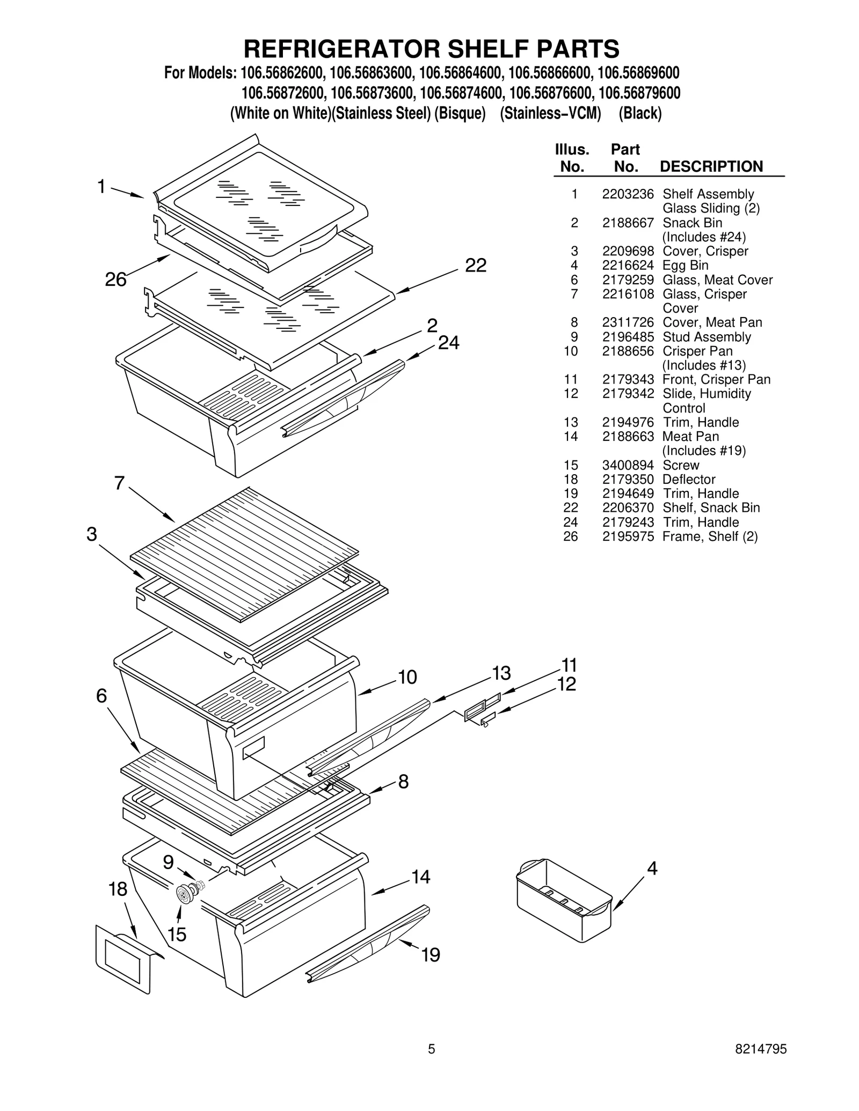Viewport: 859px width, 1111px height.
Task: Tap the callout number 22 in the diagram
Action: [x=475, y=266]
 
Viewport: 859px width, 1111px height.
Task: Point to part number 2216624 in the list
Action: [x=628, y=266]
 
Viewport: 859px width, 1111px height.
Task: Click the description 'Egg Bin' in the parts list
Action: [x=685, y=266]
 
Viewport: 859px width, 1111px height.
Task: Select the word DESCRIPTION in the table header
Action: [x=711, y=166]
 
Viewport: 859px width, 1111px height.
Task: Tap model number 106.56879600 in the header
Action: [x=639, y=93]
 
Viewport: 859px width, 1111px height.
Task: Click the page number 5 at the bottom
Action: [x=431, y=1064]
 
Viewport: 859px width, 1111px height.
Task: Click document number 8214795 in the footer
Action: [x=761, y=1064]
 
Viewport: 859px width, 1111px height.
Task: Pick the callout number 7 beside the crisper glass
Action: [x=119, y=483]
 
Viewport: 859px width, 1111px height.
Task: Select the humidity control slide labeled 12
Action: [x=489, y=718]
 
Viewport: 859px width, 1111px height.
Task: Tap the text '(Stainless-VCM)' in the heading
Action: [x=550, y=114]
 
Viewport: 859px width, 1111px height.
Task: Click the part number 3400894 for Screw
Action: [x=628, y=465]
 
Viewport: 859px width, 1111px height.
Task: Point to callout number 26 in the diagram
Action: [x=115, y=279]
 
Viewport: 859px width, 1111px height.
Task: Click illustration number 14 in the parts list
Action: [x=571, y=437]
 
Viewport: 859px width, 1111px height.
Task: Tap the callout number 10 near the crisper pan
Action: [x=407, y=678]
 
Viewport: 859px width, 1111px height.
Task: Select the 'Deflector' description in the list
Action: [x=689, y=480]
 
